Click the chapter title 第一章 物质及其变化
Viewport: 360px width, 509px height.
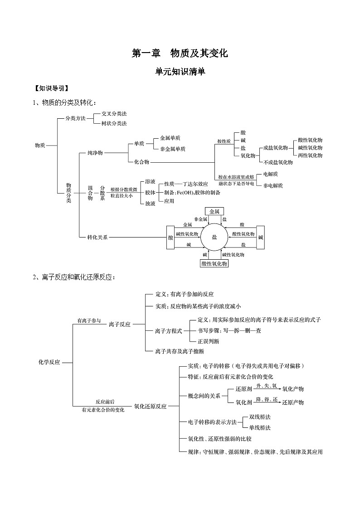(x=180, y=53)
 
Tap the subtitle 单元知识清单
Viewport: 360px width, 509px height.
(x=180, y=71)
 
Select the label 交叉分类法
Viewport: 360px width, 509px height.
(x=114, y=114)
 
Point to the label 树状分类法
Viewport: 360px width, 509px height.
(x=114, y=123)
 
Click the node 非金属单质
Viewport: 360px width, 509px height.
(x=172, y=149)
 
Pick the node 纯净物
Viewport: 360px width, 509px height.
(x=95, y=153)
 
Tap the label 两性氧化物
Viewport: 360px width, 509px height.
(x=310, y=155)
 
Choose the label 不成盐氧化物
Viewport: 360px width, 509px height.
(x=278, y=162)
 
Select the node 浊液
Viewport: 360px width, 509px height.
(x=151, y=204)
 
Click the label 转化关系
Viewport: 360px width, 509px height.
(x=97, y=237)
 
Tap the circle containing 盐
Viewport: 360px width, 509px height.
(x=214, y=237)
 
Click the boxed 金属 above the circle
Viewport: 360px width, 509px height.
(x=214, y=211)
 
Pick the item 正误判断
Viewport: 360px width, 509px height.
(x=209, y=341)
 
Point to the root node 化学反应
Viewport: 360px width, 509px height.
(x=49, y=362)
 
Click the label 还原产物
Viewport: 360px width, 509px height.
(x=293, y=402)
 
